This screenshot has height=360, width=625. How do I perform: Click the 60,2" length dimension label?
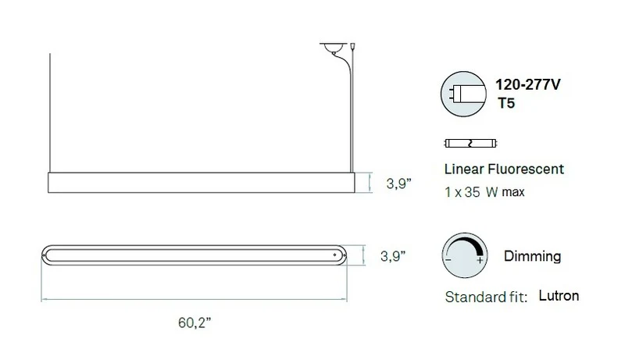click(195, 323)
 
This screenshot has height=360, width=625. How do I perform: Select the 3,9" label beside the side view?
click(398, 184)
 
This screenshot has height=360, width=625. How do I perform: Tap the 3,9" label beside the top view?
click(393, 256)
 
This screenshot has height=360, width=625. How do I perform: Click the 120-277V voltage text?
click(528, 84)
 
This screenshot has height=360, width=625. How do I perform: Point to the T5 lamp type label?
click(506, 103)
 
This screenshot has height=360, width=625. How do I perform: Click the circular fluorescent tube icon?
click(463, 94)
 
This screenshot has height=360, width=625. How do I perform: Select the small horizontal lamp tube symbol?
click(471, 144)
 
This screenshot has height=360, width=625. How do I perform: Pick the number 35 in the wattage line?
click(473, 192)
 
